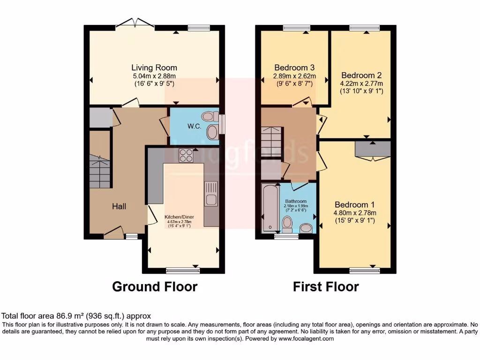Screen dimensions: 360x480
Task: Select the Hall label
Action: [119, 206]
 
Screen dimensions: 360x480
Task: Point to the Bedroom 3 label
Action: [294, 67]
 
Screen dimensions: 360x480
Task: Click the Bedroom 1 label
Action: [354, 204]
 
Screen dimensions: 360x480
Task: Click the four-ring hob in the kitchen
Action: [186, 155]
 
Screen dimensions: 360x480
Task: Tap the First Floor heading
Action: [326, 286]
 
